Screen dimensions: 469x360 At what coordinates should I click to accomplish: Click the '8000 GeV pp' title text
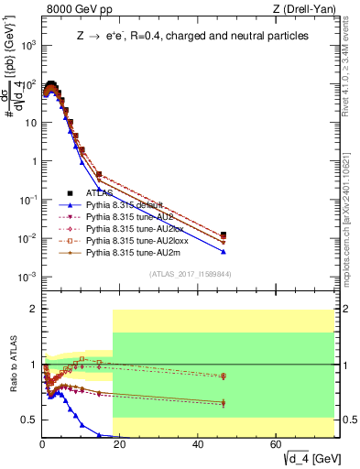coord(73,10)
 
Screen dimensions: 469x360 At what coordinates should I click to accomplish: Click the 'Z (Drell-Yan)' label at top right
coord(307,10)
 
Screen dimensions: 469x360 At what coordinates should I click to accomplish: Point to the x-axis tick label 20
coord(120,444)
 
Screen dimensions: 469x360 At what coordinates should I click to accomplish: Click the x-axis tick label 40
coord(198,444)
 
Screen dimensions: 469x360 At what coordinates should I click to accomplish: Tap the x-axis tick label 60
coord(276,444)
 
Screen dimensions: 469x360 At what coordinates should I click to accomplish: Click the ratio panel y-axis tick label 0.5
coord(29,420)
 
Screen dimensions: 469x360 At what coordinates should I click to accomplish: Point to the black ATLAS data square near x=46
coord(224,235)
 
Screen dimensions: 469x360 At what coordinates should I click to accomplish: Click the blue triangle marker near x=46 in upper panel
coord(224,252)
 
